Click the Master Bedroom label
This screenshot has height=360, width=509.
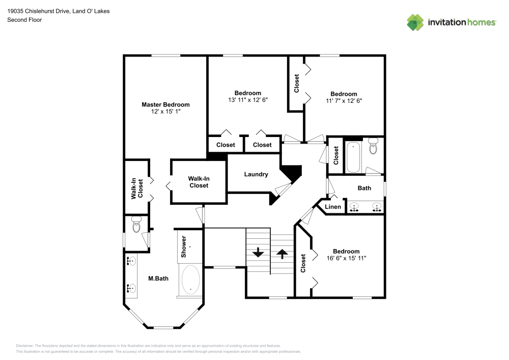pos(165,104)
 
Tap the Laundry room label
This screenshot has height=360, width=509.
pos(256,174)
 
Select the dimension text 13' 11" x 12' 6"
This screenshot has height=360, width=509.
pos(248,100)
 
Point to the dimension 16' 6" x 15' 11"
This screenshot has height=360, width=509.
pos(346,258)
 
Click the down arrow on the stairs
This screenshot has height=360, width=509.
pos(258,252)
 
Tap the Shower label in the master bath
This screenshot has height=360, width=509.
pos(184,245)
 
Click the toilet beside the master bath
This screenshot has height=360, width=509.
pos(136,225)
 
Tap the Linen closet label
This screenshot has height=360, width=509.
pos(333,207)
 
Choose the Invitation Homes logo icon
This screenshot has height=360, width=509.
pos(415,22)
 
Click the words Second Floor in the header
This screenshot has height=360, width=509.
pos(24,20)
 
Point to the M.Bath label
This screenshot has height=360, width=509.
pos(158,278)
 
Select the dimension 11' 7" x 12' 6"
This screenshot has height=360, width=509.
pos(344,101)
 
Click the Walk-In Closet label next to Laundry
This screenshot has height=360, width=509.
pos(199,182)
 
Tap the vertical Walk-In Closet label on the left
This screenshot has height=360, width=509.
pos(137,188)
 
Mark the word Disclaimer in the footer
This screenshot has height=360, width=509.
pos(25,345)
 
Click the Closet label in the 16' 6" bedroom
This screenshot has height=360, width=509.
pos(303,263)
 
